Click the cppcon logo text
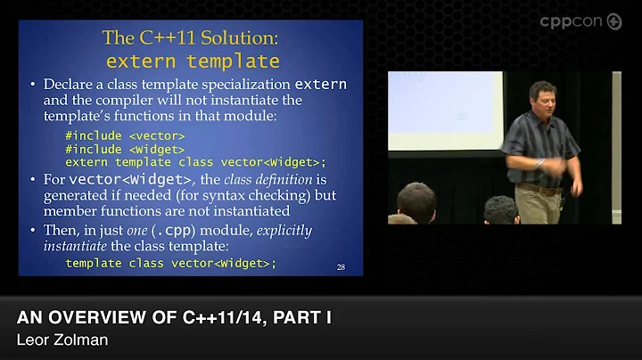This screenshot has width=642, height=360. [x=572, y=21]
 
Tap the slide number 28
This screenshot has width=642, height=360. [x=342, y=266]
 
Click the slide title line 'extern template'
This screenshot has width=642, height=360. [x=193, y=61]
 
